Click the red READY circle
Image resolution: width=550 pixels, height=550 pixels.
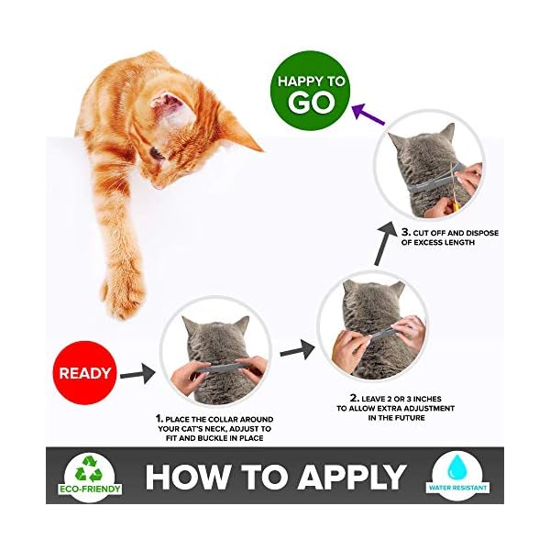click(x=85, y=373)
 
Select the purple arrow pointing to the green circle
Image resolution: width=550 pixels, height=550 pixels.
click(x=368, y=115)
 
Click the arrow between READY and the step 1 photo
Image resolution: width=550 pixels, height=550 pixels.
click(x=137, y=373)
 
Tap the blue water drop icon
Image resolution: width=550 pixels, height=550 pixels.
click(x=456, y=465)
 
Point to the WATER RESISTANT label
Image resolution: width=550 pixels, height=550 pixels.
click(x=456, y=487)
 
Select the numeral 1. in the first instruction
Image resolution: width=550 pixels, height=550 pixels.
click(x=159, y=418)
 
